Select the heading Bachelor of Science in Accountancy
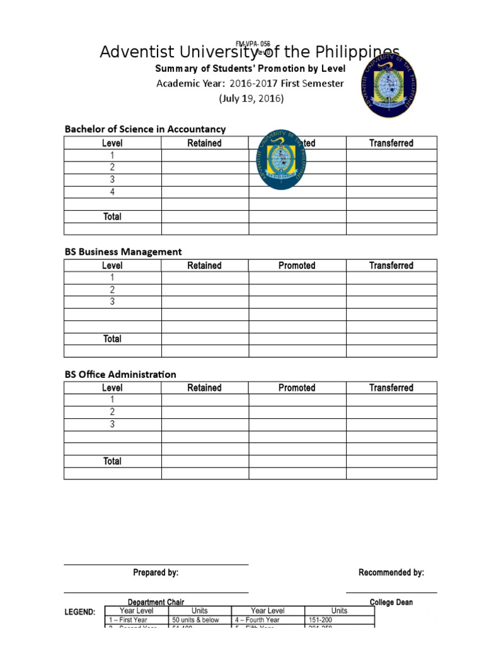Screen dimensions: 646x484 tap(145, 129)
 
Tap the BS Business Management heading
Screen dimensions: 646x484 tap(123, 252)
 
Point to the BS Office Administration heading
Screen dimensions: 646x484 tap(120, 374)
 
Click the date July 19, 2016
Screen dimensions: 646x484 tap(251, 99)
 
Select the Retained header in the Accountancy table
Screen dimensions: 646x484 tap(204, 143)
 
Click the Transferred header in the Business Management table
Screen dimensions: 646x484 tap(391, 266)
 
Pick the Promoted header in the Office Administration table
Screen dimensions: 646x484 tap(296, 388)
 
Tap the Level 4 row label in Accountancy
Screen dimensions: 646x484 tap(112, 192)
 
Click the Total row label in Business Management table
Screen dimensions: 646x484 tap(112, 339)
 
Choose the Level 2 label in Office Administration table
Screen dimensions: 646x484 tap(112, 412)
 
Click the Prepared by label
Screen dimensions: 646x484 tap(156, 573)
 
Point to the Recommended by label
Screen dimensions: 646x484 tap(391, 573)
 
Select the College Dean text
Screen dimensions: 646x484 tap(391, 602)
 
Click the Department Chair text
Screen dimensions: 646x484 tap(156, 602)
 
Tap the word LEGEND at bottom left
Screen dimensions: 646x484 tap(80, 612)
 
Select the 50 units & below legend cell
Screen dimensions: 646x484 tap(195, 620)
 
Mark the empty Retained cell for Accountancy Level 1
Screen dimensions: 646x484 tap(204, 155)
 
